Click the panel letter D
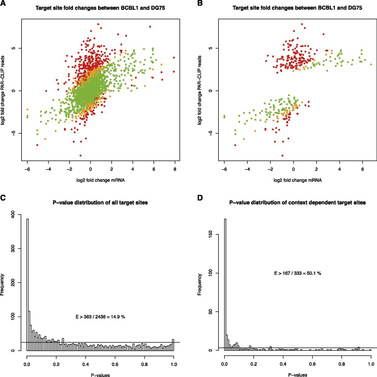point(200,198)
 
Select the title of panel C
point(100,203)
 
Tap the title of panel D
point(297,203)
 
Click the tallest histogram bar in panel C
point(28,285)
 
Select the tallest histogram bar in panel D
point(225,285)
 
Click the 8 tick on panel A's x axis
point(175,169)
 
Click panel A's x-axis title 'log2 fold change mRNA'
point(100,180)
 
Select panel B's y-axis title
point(200,90)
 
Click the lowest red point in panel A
point(80,156)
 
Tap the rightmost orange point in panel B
point(371,65)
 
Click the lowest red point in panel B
point(282,156)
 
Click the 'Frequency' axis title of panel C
point(2,285)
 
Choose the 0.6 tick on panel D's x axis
point(312,364)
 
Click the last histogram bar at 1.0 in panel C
point(173,345)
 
